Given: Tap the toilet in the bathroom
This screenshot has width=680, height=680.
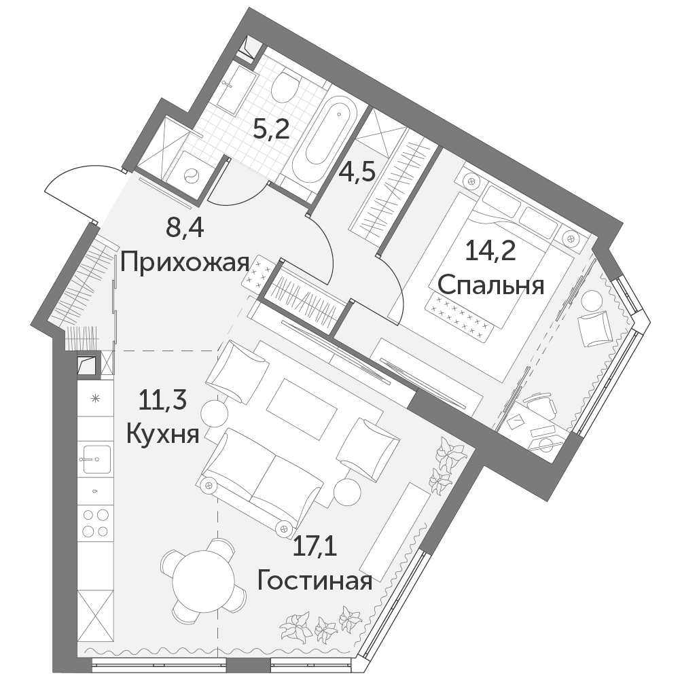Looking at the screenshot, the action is click(x=285, y=86).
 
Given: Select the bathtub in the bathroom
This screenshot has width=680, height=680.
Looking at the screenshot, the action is click(x=325, y=138).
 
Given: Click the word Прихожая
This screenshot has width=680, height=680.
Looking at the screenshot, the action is click(x=185, y=263).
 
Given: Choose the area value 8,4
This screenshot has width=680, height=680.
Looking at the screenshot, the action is click(x=185, y=228).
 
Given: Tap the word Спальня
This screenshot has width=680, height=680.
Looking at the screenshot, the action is click(x=491, y=286).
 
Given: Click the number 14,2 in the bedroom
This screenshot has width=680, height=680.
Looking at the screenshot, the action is click(x=490, y=251).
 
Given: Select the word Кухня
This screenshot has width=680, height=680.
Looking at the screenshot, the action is click(x=162, y=433).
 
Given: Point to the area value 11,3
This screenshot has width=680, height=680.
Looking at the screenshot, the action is click(x=162, y=399).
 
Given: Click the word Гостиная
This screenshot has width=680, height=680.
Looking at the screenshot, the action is click(x=315, y=581).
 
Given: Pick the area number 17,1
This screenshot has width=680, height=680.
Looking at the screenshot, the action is click(x=315, y=546).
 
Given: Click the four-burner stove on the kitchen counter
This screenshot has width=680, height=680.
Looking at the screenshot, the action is click(x=95, y=522).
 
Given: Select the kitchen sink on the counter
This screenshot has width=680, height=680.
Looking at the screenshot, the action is click(x=95, y=459).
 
